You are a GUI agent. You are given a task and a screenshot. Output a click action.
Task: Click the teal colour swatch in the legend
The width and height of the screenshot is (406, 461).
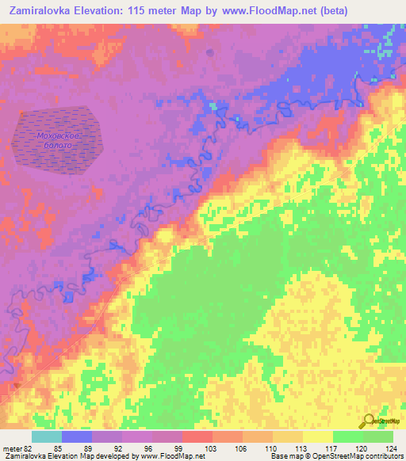click(x=47, y=436)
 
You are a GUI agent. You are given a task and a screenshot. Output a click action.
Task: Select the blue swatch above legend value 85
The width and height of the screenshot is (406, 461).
click(x=77, y=436)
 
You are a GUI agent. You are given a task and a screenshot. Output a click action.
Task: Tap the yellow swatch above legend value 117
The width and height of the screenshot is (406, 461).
click(x=317, y=436)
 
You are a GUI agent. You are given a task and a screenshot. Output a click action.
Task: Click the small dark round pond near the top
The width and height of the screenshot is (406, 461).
click(x=210, y=53)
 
